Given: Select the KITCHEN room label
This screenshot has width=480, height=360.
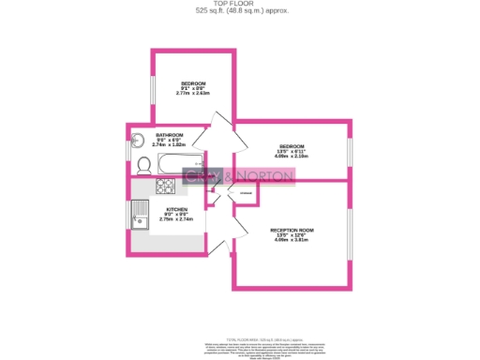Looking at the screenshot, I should click(176, 209).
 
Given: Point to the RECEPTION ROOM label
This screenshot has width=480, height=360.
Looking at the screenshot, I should click(292, 230).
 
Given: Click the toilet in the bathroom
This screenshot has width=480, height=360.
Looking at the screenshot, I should click(144, 166).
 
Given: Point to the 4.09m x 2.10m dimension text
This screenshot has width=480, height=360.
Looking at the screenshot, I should click(292, 156).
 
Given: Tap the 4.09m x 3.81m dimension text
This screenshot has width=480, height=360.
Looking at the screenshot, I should click(292, 240).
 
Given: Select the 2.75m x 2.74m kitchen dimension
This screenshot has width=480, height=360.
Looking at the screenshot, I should click(176, 219).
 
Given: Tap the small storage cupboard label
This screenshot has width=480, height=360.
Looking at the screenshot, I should click(246, 194).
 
